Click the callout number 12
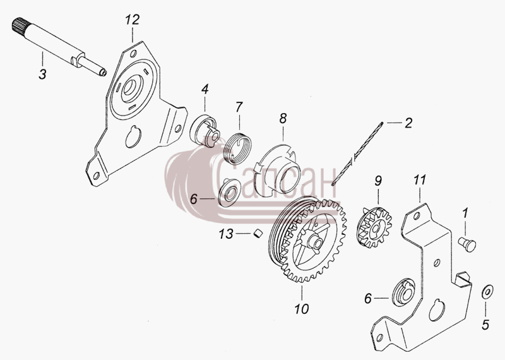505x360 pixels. (x=132, y=20)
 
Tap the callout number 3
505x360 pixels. (x=42, y=74)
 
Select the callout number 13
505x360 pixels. (x=226, y=234)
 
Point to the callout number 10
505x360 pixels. (x=302, y=309)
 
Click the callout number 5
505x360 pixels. (x=485, y=325)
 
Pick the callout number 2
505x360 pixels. (x=408, y=123)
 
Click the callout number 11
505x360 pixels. (x=420, y=180)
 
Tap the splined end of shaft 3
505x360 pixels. (x=20, y=27)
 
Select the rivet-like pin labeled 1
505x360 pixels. (x=467, y=244)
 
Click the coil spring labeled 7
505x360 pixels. (x=239, y=149)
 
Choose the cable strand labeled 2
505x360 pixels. (x=357, y=153)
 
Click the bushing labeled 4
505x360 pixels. (x=205, y=131)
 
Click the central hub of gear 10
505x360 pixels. (x=314, y=242)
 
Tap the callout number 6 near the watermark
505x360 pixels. (x=193, y=199)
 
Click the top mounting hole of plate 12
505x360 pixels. (x=134, y=54)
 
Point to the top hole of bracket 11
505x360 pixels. (x=417, y=216)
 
